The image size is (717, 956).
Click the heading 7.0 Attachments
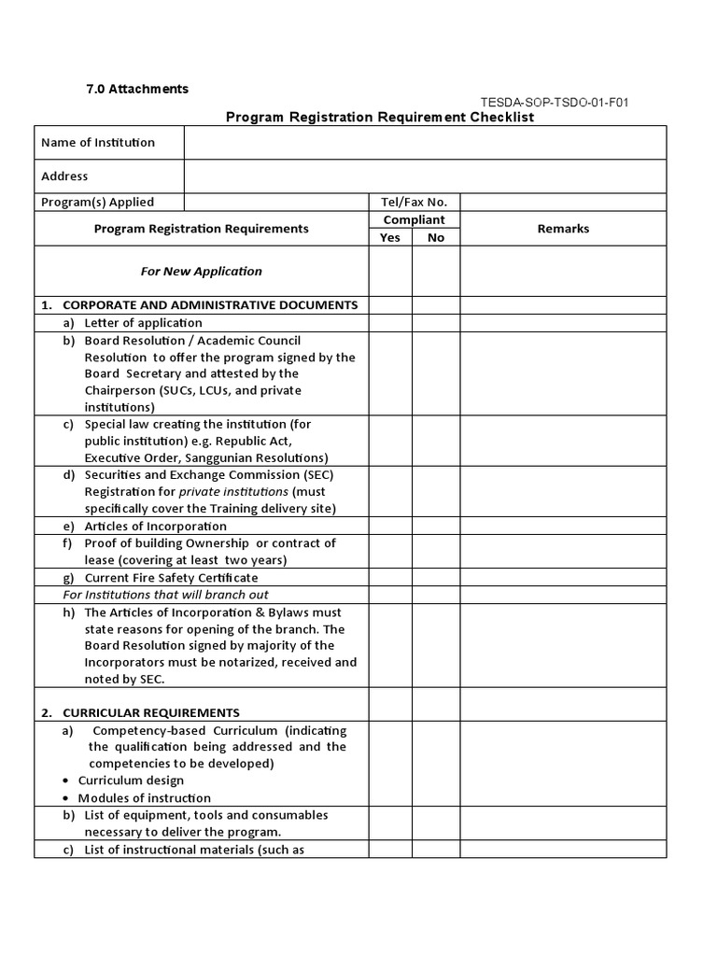[x=137, y=89]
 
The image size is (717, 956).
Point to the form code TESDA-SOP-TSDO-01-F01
[x=554, y=102]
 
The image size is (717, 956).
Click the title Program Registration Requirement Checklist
[x=380, y=118]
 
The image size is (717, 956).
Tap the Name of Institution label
[x=98, y=143]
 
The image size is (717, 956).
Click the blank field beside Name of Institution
[x=425, y=143]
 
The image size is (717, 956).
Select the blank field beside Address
[x=425, y=176]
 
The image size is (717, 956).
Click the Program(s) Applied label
[x=98, y=202]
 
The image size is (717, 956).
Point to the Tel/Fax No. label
[x=415, y=202]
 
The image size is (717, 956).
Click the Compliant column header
[x=415, y=219]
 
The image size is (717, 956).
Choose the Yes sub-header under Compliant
[x=390, y=237]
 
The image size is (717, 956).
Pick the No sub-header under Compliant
[x=436, y=237]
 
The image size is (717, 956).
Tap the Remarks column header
[x=563, y=229]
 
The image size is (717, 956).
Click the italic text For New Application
[x=202, y=271]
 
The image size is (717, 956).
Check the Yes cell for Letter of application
[x=390, y=323]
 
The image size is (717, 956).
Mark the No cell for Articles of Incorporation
[x=436, y=526]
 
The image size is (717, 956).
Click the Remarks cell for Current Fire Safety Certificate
[x=563, y=577]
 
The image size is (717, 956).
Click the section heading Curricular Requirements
[x=150, y=712]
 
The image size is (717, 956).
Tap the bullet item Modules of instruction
[x=145, y=798]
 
